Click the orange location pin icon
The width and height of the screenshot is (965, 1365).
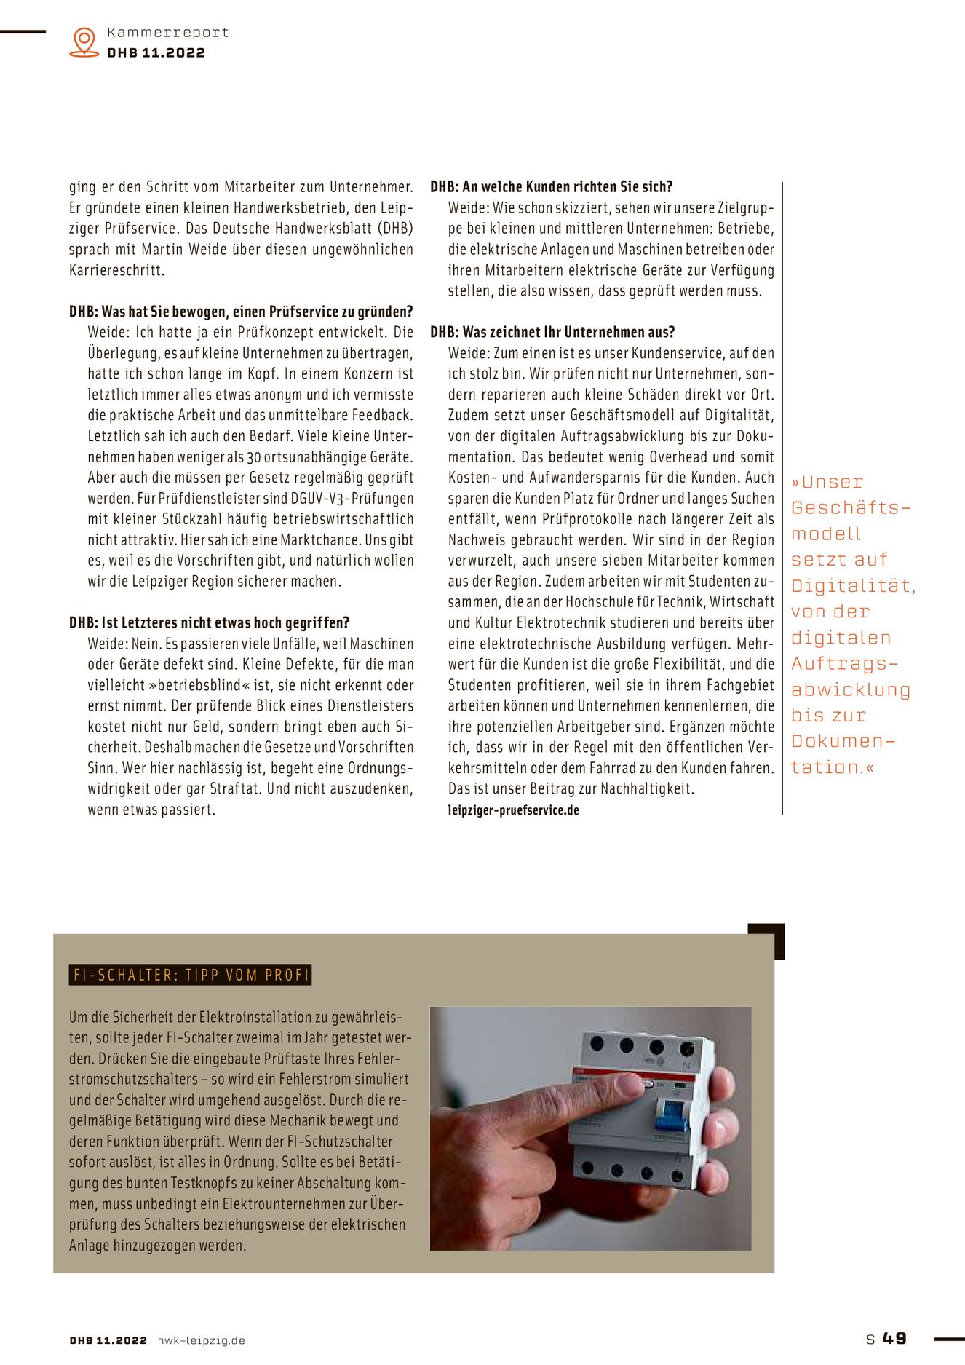(x=84, y=41)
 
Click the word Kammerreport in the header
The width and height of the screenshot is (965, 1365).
(x=167, y=32)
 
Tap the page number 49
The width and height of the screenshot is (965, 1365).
(x=894, y=1338)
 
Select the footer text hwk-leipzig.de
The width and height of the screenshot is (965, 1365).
(x=201, y=1340)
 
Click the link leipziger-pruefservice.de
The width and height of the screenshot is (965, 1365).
(x=513, y=810)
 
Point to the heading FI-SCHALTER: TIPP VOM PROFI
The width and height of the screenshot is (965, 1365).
(x=191, y=975)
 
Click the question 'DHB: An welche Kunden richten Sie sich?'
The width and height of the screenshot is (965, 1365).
(x=551, y=186)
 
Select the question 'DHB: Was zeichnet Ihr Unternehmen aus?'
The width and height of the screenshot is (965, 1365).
(x=552, y=332)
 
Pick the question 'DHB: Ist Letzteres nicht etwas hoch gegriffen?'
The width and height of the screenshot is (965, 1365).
(x=209, y=622)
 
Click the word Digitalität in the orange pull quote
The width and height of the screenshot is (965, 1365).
(x=853, y=586)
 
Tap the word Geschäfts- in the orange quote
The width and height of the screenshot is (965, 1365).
(x=850, y=507)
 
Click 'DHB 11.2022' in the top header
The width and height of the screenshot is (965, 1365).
(x=156, y=52)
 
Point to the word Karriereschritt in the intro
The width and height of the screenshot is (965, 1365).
(x=116, y=270)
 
